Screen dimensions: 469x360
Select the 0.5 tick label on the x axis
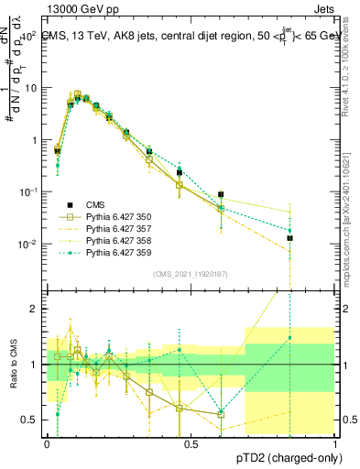click(191, 442)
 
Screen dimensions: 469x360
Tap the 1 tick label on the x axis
click(336, 442)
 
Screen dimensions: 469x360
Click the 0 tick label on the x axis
click(47, 442)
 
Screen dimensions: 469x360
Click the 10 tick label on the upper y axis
click(31, 88)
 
